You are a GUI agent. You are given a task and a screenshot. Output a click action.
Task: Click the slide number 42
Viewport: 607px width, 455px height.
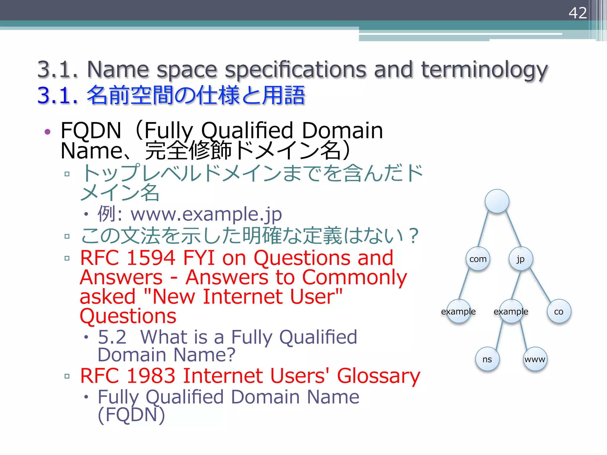tap(577, 13)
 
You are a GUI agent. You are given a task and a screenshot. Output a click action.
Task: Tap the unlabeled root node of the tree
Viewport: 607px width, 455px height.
tap(497, 201)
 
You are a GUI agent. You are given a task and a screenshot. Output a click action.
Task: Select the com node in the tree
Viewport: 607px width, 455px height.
tap(478, 259)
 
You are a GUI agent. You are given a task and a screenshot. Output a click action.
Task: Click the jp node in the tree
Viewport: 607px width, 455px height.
tap(521, 259)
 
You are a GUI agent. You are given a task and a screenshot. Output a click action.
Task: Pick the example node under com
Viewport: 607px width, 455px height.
tap(458, 311)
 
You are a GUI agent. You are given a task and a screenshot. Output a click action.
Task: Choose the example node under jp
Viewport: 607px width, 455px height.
tap(511, 311)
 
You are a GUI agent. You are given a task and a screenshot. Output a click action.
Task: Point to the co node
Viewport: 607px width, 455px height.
tap(559, 311)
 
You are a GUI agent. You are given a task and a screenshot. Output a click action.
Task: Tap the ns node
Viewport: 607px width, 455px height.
tap(487, 359)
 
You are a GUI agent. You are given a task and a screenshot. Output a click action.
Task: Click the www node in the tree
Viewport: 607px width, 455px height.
tap(535, 359)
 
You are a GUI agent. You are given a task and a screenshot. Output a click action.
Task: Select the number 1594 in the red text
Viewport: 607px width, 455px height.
tap(151, 258)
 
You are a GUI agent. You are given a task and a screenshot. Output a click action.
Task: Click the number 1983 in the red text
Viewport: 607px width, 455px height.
tap(151, 376)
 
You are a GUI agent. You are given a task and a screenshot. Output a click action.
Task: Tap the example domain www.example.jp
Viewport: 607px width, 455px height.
tap(206, 214)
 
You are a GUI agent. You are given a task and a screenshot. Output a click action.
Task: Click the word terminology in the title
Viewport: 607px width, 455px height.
tap(484, 70)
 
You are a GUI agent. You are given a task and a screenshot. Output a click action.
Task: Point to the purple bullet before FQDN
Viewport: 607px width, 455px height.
tap(47, 132)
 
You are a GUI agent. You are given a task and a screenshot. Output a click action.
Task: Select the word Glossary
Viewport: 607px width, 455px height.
tap(378, 376)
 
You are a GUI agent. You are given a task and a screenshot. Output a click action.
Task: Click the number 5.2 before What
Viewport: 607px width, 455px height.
tap(112, 337)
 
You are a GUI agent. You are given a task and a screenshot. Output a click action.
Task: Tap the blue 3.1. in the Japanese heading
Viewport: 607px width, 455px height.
tap(58, 95)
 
